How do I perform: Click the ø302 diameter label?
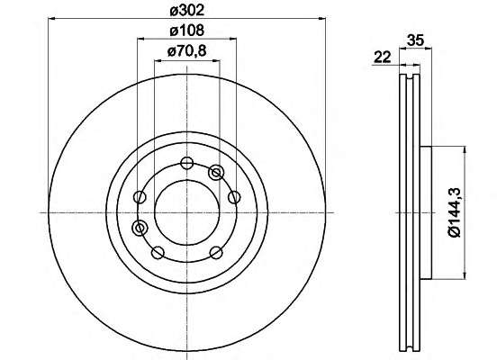187,11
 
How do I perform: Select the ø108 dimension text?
187,31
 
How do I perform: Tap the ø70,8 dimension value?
187,50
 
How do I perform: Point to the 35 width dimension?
415,40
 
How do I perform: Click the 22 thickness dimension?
383,58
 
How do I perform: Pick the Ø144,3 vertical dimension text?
456,212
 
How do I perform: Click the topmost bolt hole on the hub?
186,163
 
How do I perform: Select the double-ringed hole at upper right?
216,173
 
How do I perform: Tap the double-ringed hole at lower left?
140,228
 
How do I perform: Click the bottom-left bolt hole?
158,253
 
